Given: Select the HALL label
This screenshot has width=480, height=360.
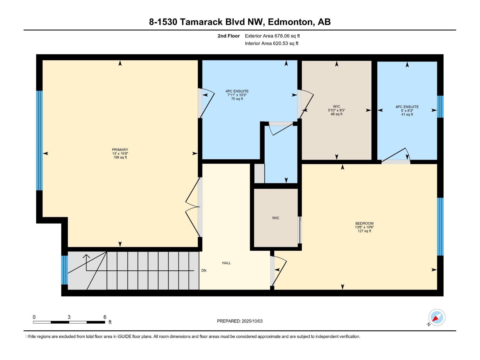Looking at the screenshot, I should (x=226, y=263).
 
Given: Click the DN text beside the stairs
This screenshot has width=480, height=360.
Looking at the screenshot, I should (x=204, y=270).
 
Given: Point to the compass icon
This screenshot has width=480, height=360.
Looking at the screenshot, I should (x=436, y=317).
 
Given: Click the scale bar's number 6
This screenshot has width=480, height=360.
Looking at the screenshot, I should (x=105, y=317).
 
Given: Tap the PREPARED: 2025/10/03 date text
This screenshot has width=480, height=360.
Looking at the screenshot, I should (x=240, y=321).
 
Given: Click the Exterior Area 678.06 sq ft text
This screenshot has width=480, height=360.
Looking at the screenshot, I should (x=272, y=36).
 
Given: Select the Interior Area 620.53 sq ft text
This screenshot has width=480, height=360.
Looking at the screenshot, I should (x=271, y=43).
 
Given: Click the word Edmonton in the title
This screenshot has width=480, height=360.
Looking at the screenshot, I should (x=290, y=22).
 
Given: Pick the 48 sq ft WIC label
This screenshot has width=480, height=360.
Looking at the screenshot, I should (x=336, y=110).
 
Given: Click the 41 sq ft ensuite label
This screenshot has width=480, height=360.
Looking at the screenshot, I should (x=407, y=110).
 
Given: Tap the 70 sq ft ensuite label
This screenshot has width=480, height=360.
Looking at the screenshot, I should (x=237, y=95).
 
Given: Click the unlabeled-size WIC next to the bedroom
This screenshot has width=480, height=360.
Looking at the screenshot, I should (x=276, y=218).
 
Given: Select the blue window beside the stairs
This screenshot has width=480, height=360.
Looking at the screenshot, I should (x=64, y=270).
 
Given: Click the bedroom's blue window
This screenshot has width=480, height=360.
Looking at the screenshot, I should (x=440, y=226).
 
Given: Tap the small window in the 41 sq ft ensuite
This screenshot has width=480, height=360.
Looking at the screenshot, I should (x=440, y=106).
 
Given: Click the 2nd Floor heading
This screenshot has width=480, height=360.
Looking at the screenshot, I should (x=229, y=36).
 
